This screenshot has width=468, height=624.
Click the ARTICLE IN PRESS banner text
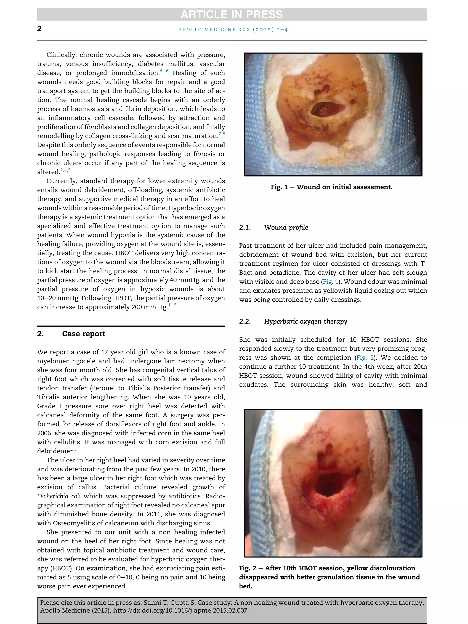coord(232,14)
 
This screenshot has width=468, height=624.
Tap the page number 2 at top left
coord(39,29)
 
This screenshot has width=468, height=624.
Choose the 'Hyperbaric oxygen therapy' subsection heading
coord(306,321)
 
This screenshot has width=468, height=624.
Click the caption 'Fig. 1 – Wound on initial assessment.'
coord(332,187)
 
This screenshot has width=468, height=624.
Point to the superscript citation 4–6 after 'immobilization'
coord(164,71)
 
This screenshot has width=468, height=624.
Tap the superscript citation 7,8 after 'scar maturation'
coord(222,134)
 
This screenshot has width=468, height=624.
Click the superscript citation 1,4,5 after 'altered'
coord(65,170)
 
